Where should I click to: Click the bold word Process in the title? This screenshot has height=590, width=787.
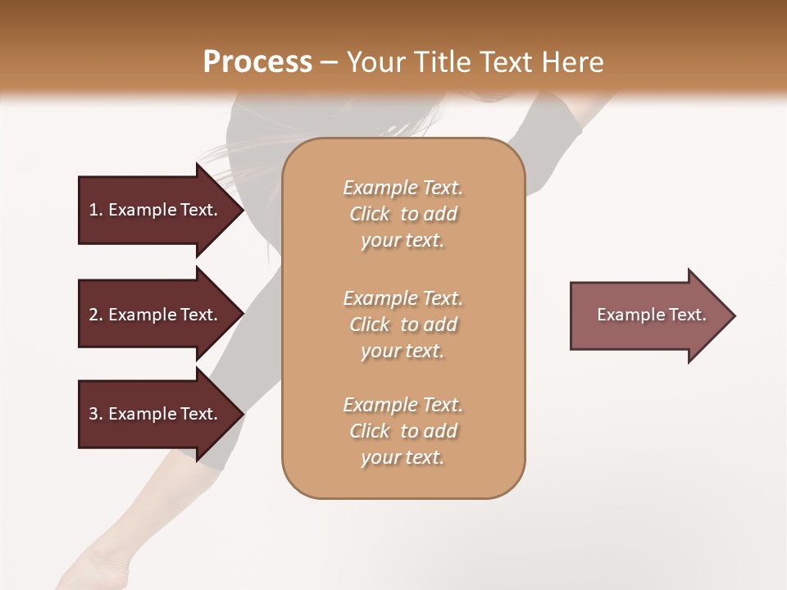click(x=257, y=62)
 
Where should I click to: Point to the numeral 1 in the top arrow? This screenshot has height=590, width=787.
click(x=93, y=210)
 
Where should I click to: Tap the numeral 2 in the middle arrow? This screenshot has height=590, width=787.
click(x=93, y=315)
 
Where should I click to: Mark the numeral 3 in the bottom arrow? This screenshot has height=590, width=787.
click(x=93, y=414)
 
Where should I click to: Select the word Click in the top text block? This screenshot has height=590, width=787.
click(x=370, y=214)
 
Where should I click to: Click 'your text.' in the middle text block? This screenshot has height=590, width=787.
click(x=403, y=351)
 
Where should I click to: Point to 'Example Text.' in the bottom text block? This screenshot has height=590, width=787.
click(x=403, y=405)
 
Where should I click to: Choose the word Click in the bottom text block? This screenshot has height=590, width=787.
click(x=370, y=431)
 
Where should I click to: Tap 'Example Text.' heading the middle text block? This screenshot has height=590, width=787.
click(x=403, y=298)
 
